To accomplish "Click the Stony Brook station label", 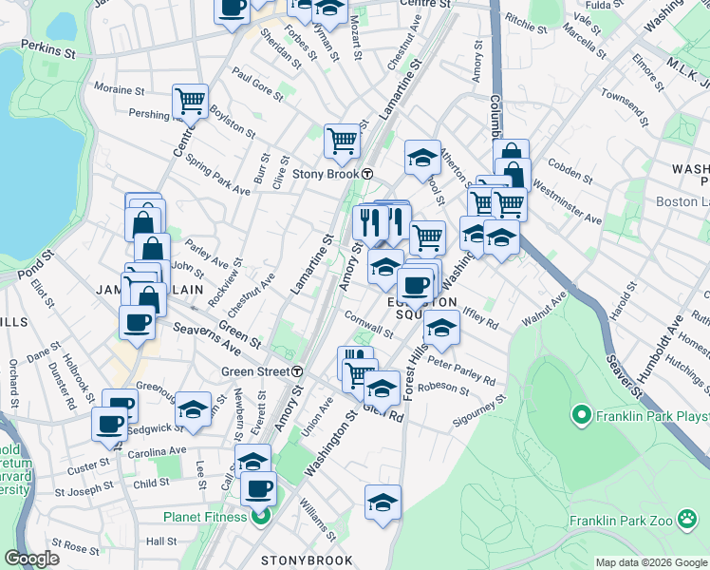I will (x=325, y=174).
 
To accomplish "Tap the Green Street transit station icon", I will (x=297, y=371).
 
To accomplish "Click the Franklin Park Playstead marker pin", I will (x=582, y=415).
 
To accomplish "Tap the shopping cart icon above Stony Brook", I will (x=342, y=140).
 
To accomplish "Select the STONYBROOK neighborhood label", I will (x=308, y=561).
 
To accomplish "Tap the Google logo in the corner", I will (x=31, y=559).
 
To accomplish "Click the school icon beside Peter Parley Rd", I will (x=439, y=328).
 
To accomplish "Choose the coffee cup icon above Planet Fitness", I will (x=258, y=489).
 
